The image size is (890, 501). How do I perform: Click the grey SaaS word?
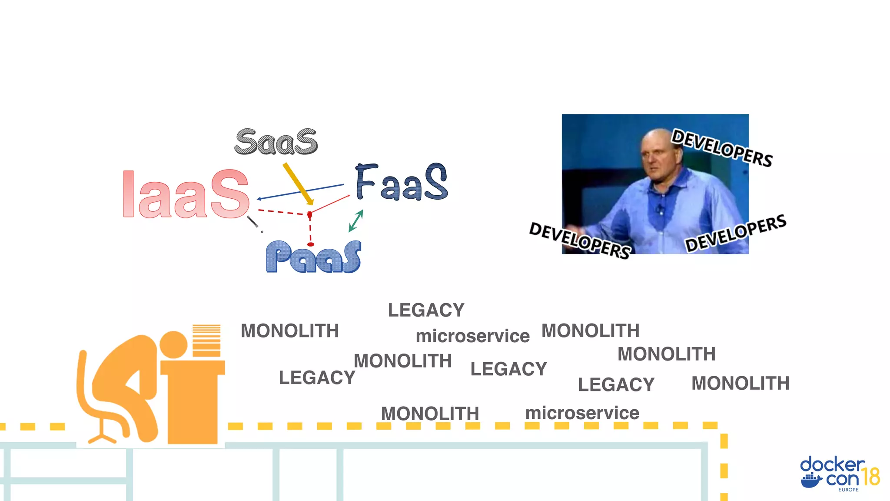pyautogui.click(x=276, y=142)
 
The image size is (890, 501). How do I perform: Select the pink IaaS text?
pyautogui.click(x=186, y=194)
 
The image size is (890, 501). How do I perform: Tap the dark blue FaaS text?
pyautogui.click(x=401, y=183)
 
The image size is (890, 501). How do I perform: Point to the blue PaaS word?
pyautogui.click(x=313, y=257)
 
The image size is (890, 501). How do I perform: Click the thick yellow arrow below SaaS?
pyautogui.click(x=298, y=183)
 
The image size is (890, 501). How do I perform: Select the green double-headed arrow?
pyautogui.click(x=356, y=221)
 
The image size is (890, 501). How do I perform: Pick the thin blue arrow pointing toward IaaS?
pyautogui.click(x=300, y=192)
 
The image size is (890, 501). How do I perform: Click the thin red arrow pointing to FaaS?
pyautogui.click(x=330, y=204)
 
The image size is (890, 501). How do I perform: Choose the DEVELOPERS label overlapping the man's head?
pyautogui.click(x=722, y=148)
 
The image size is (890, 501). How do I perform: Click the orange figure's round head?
pyautogui.click(x=173, y=345)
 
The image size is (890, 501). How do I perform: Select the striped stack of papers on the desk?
pyautogui.click(x=206, y=341)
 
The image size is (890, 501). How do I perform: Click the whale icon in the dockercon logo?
pyautogui.click(x=811, y=481)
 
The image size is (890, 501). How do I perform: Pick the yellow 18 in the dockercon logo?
pyautogui.click(x=870, y=477)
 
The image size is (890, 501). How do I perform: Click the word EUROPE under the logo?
pyautogui.click(x=848, y=490)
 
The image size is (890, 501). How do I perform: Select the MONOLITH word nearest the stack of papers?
pyautogui.click(x=290, y=331)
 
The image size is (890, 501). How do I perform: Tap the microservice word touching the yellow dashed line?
pyautogui.click(x=582, y=413)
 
